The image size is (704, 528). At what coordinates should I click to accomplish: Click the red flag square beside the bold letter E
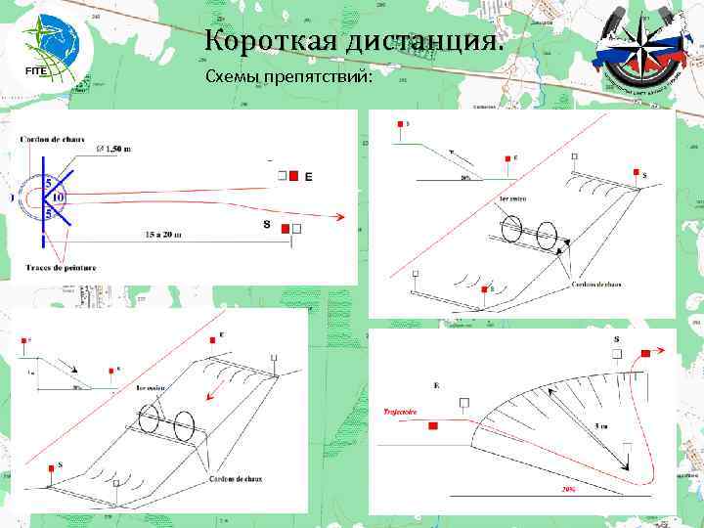pyautogui.click(x=292, y=176)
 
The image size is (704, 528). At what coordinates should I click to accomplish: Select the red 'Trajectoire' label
pyautogui.click(x=400, y=412)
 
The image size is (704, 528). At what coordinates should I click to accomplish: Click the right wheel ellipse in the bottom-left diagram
pyautogui.click(x=183, y=426)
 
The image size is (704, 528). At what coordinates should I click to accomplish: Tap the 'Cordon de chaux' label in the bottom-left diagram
pyautogui.click(x=235, y=478)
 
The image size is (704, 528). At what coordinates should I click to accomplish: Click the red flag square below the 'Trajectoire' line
pyautogui.click(x=433, y=426)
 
